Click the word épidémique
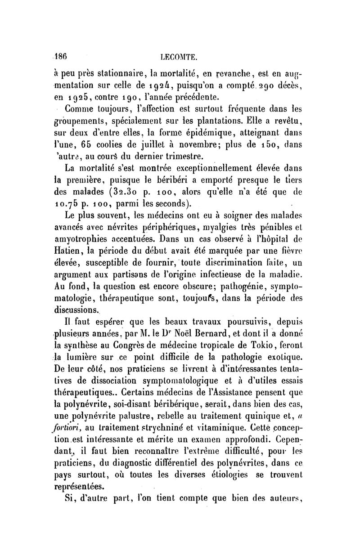coord(194,132)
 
